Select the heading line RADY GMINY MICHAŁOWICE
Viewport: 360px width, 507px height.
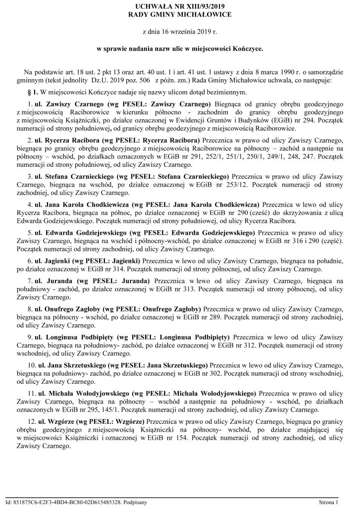179,15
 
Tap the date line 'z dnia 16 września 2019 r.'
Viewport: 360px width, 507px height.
179,32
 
